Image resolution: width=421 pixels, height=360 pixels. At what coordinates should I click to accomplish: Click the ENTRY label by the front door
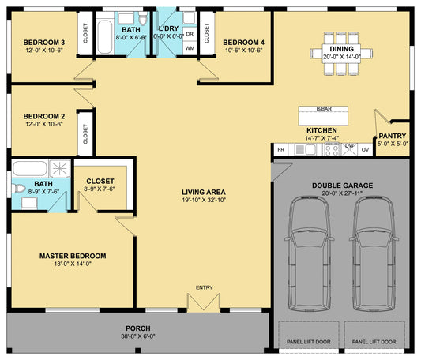pos(204,287)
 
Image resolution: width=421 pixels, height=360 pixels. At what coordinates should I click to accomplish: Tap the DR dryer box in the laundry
pos(190,34)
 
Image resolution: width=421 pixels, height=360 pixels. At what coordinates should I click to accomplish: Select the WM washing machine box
pos(190,48)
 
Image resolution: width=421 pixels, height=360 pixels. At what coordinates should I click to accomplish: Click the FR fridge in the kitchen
pos(281,149)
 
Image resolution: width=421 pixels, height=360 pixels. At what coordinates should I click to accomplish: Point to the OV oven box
pos(365,149)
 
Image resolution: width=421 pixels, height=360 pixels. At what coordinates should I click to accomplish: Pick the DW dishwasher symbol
pos(349,149)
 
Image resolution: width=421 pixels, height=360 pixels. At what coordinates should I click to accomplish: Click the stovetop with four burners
pos(332,149)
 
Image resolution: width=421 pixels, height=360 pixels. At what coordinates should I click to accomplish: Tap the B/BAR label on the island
pos(324,109)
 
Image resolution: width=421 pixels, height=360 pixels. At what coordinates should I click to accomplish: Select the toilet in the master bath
pos(18,189)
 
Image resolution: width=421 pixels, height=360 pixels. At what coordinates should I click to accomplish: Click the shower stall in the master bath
pos(60,169)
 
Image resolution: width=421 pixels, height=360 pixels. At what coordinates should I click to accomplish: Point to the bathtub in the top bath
pos(105,37)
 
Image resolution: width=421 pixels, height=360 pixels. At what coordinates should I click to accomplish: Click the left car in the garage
pos(310,253)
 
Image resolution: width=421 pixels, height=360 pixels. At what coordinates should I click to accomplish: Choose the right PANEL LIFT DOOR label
pos(374,342)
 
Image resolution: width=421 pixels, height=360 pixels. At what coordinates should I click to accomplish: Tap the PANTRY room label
pos(393,136)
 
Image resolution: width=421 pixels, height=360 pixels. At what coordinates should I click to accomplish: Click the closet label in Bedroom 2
pos(85,134)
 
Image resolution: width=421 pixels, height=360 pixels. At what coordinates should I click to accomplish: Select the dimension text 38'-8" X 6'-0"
pos(138,336)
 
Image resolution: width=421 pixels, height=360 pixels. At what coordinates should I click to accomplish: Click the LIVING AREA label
pos(204,192)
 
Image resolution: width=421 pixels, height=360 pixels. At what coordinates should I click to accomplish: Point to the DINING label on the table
pos(341,49)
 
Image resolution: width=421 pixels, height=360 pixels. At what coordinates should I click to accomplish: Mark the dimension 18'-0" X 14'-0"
pos(73,264)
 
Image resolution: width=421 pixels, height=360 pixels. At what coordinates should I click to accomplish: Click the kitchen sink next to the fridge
pos(305,149)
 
